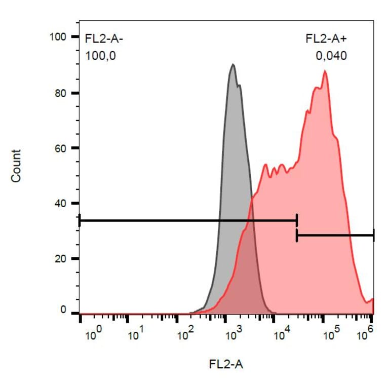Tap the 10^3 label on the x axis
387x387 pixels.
click(235, 334)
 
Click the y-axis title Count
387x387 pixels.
click(17, 166)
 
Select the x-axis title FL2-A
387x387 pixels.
click(226, 363)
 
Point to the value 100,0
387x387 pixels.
click(100, 56)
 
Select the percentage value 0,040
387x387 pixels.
click(331, 56)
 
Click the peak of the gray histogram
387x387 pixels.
click(233, 65)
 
